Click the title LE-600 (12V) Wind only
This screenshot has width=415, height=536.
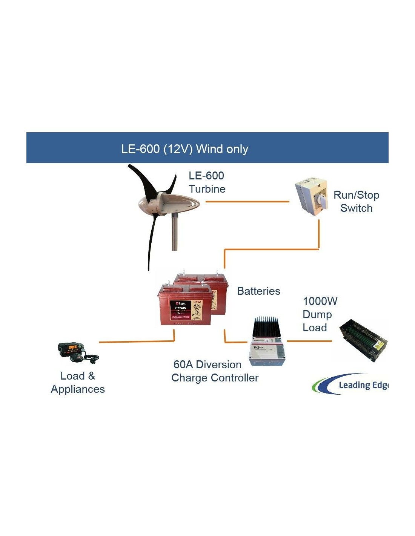pyautogui.click(x=184, y=149)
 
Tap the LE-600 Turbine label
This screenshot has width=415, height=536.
pyautogui.click(x=207, y=182)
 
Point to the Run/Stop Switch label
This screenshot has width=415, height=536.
pyautogui.click(x=356, y=201)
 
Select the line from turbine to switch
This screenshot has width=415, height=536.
pyautogui.click(x=247, y=202)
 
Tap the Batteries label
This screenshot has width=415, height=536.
pyautogui.click(x=258, y=291)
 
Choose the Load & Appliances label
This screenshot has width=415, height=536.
pyautogui.click(x=78, y=382)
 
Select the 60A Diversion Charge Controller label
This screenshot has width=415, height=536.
pyautogui.click(x=215, y=371)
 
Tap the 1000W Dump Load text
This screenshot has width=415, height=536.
pyautogui.click(x=320, y=314)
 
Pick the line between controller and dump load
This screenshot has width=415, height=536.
pyautogui.click(x=309, y=341)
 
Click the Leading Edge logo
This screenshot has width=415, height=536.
pyautogui.click(x=351, y=384)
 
